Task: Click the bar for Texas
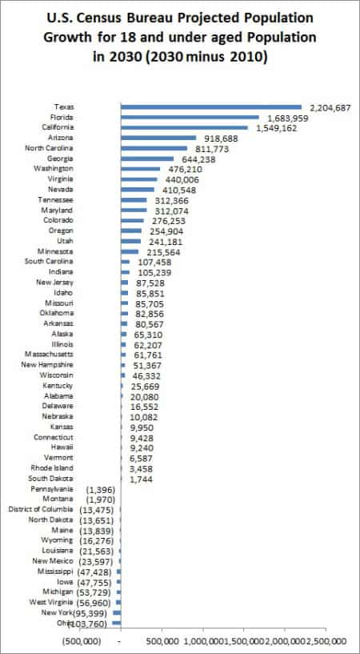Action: pos(210,106)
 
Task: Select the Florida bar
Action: pos(190,117)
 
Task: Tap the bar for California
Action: pos(184,126)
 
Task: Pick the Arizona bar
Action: pos(158,138)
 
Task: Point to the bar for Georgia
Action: pos(146,158)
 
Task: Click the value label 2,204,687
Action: pos(328,106)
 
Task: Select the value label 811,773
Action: pos(212,148)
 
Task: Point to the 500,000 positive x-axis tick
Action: pos(162,641)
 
